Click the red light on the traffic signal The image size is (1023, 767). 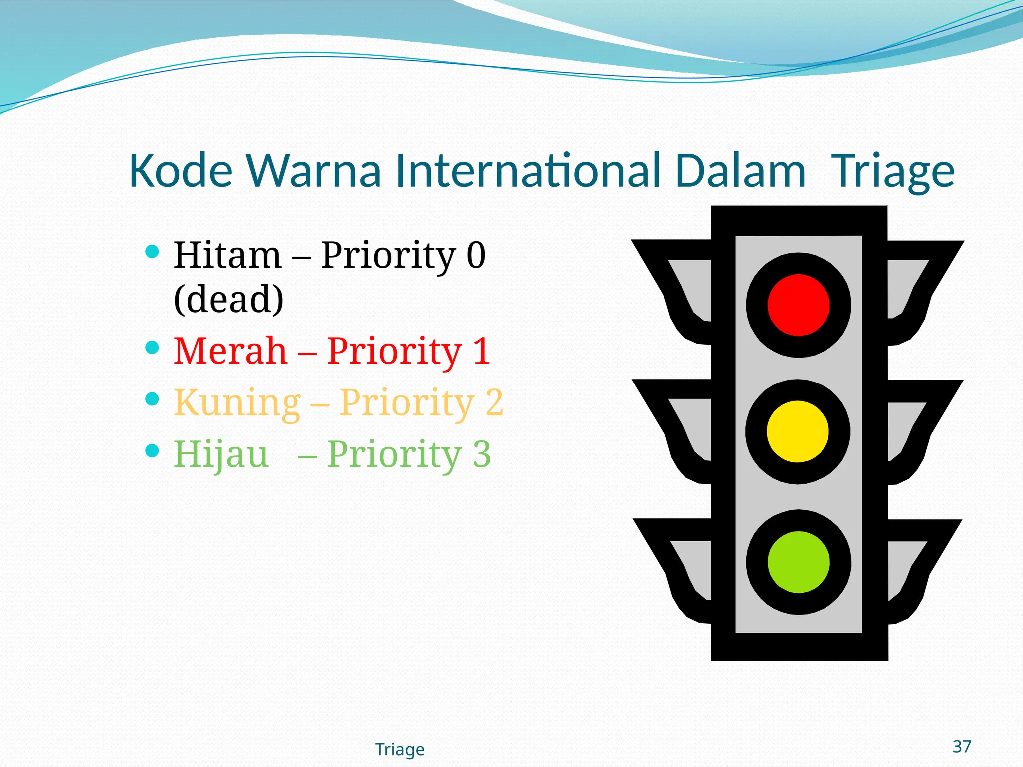[798, 305]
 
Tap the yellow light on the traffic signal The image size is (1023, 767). [797, 432]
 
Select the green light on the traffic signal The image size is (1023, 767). [798, 562]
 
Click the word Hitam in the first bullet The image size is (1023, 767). [228, 255]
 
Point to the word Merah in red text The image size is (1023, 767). [231, 351]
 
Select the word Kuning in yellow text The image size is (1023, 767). [237, 402]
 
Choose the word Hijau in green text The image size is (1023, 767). [221, 454]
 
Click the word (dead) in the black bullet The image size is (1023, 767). [229, 299]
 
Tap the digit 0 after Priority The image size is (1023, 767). [476, 255]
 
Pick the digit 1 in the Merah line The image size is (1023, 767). [481, 351]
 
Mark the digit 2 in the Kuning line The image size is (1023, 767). [494, 402]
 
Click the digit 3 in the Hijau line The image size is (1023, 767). [482, 454]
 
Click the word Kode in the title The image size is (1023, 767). [181, 171]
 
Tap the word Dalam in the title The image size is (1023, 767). [740, 171]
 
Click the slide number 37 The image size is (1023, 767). [962, 746]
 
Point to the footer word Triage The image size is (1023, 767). [400, 749]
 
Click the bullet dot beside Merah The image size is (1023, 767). [152, 347]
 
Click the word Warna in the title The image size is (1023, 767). [314, 171]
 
